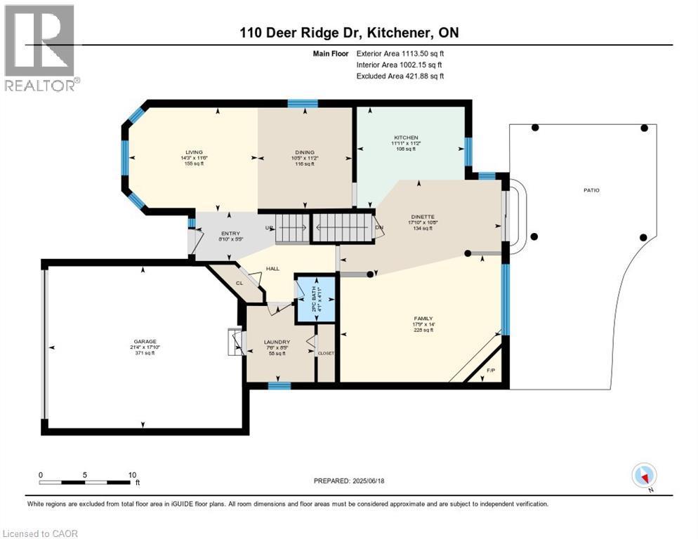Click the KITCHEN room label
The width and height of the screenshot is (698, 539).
coord(406,138)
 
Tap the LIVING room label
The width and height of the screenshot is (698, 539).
coord(194,152)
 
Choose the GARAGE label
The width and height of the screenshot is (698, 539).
coord(145,341)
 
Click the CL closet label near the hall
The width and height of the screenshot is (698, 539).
coord(238,283)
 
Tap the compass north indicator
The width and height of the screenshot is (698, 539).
coord(643,476)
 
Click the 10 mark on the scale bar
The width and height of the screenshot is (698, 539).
coord(132,474)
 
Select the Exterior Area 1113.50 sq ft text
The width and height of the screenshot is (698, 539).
coord(400,53)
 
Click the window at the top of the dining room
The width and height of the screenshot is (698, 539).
coord(302,104)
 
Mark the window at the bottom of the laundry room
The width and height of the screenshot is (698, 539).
coord(279,385)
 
